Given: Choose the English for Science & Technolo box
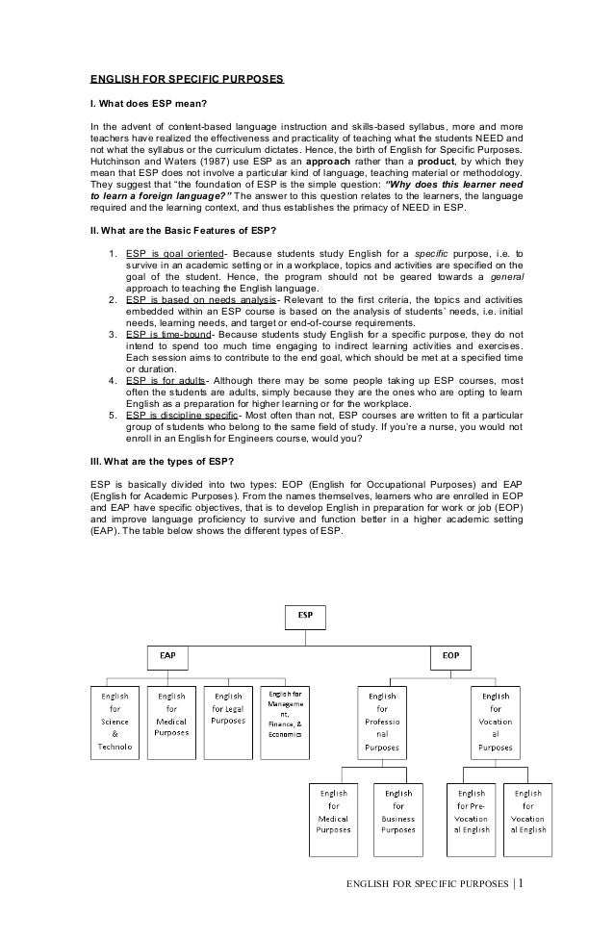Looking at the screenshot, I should point(115,722).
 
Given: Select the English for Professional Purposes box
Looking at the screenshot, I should point(382,722).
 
